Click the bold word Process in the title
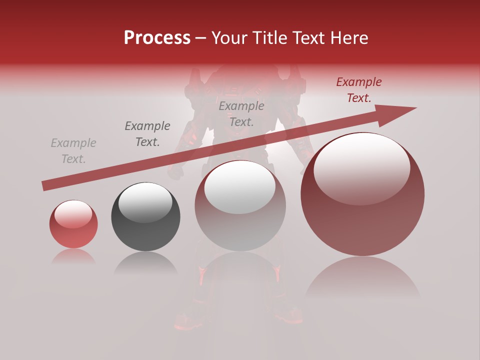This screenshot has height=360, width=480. pyautogui.click(x=157, y=37)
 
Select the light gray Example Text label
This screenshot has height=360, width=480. pyautogui.click(x=73, y=151)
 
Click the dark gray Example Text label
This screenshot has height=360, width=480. pyautogui.click(x=147, y=134)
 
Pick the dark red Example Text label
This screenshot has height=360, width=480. pyautogui.click(x=359, y=90)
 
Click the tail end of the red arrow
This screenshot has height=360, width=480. pyautogui.click(x=45, y=186)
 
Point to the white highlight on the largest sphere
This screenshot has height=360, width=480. pyautogui.click(x=361, y=167)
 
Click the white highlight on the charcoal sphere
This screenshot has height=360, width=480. pyautogui.click(x=145, y=201)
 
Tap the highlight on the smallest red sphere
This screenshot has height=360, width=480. pyautogui.click(x=73, y=213)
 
